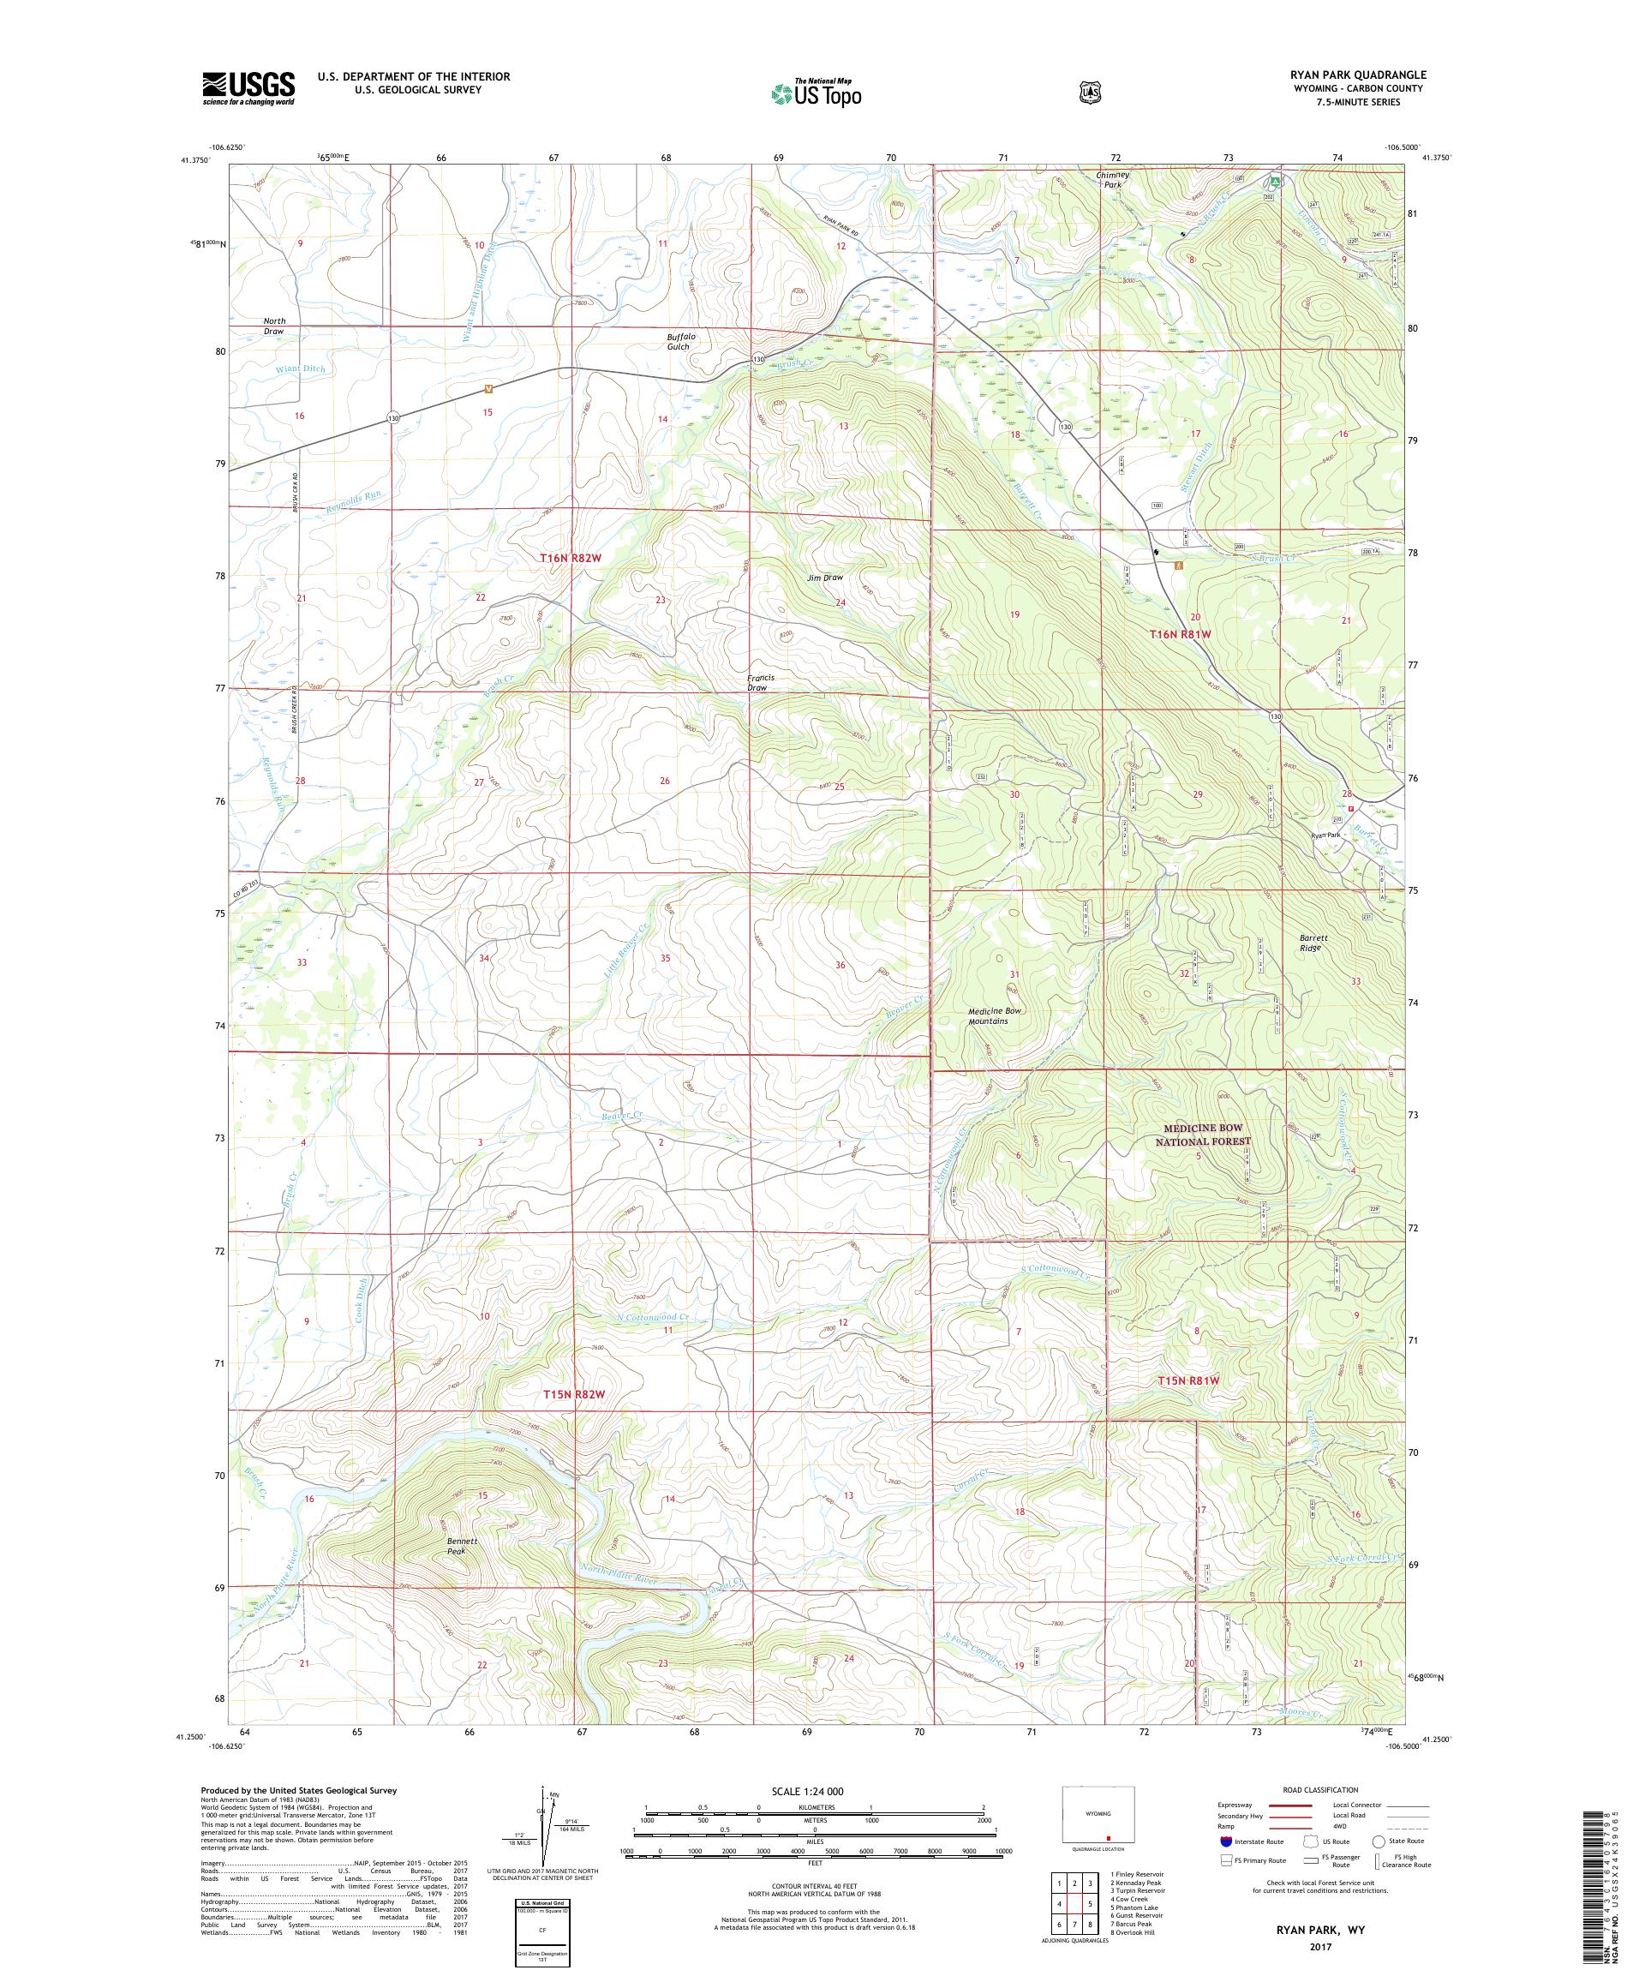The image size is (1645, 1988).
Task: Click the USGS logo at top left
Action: [248, 89]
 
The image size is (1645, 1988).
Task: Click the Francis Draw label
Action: [761, 683]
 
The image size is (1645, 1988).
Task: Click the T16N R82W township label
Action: [571, 559]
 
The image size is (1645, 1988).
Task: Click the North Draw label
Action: [273, 326]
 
